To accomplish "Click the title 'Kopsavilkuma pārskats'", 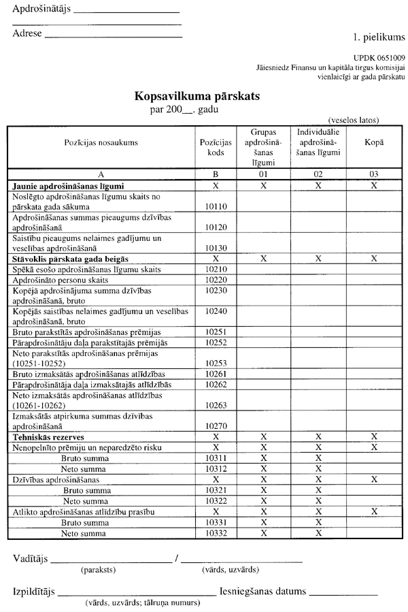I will point(197,97).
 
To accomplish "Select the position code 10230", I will point(216,290).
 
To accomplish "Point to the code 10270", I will point(216,424).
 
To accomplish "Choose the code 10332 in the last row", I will point(216,533).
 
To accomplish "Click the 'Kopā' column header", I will point(374,142).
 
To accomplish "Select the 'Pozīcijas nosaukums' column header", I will point(101,142).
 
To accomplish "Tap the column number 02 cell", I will point(318,174).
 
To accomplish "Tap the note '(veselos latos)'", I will point(354,120).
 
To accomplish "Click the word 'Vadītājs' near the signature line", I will point(31,559).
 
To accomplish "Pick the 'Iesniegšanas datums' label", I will point(262,592).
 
